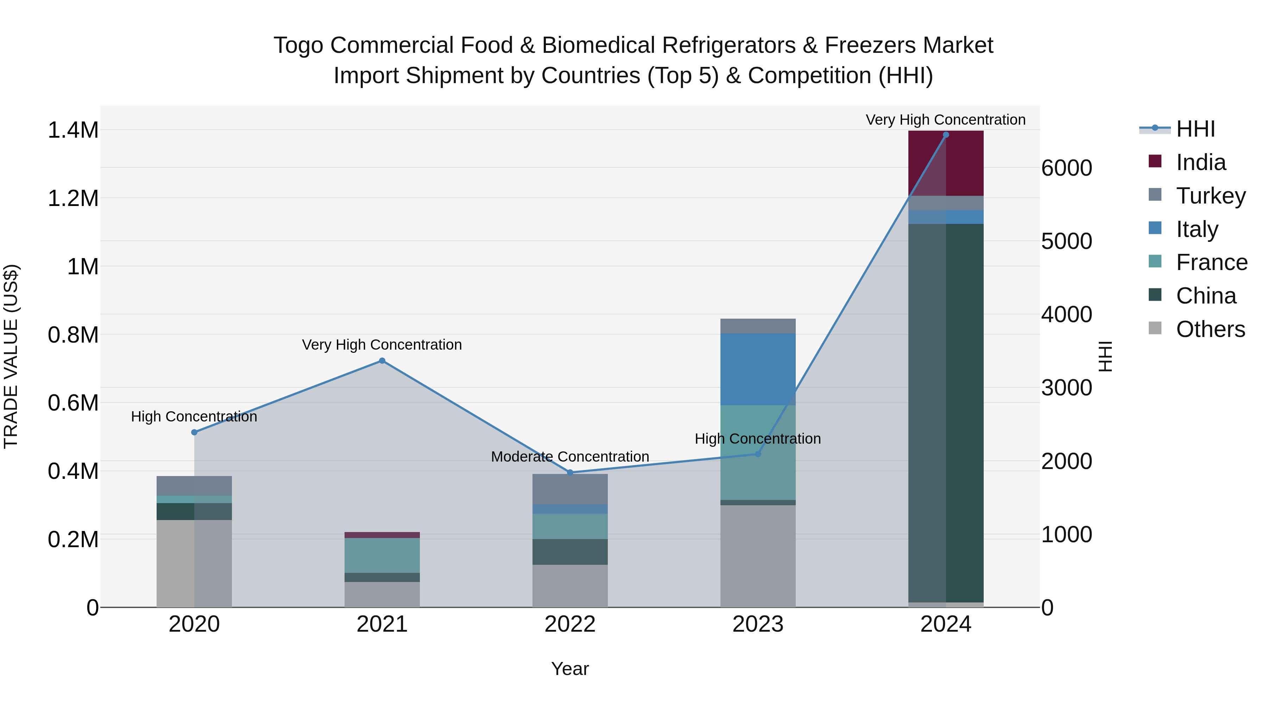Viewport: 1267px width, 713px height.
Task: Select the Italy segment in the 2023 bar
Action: [x=757, y=369]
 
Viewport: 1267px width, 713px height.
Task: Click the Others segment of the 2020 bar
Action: [x=194, y=563]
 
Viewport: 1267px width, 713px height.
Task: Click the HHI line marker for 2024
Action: [x=945, y=135]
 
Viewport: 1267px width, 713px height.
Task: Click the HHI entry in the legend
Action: [x=1195, y=129]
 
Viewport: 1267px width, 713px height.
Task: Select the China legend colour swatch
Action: [x=1154, y=295]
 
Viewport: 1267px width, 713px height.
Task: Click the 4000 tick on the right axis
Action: [x=1066, y=314]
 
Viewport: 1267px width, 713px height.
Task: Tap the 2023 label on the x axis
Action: [x=757, y=624]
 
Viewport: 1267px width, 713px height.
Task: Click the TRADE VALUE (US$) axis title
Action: [x=11, y=356]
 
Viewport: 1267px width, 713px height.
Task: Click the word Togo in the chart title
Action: [x=298, y=45]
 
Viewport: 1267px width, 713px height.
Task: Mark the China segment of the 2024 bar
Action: [x=945, y=413]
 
